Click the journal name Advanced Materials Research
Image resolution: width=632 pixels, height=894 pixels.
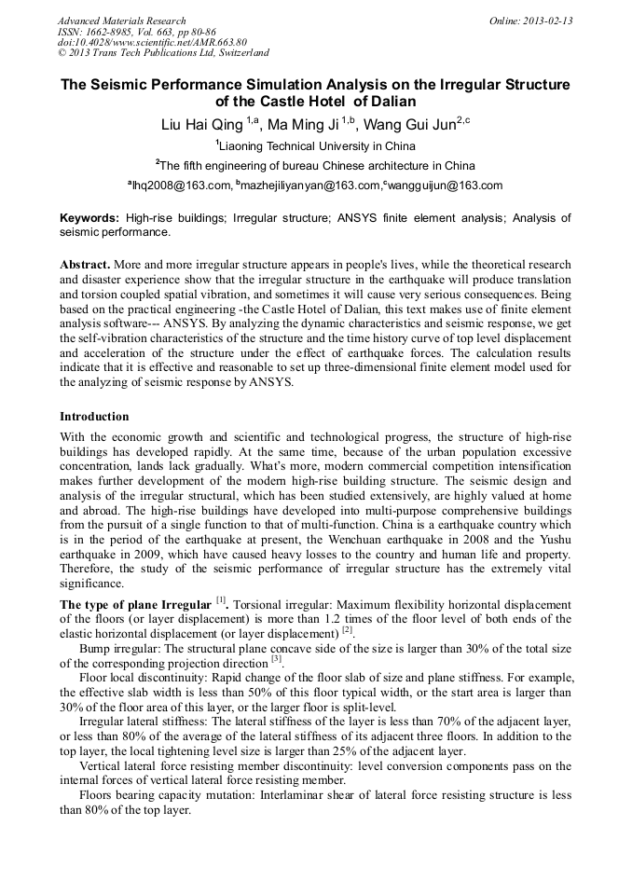(x=122, y=21)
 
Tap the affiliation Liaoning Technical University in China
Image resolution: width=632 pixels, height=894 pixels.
(x=318, y=146)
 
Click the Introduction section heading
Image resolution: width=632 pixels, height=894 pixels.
(x=94, y=416)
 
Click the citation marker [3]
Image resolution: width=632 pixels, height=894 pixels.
(x=276, y=659)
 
